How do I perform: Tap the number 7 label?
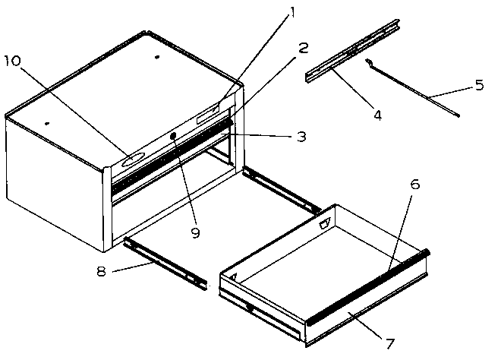tap(390, 343)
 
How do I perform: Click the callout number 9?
tap(195, 233)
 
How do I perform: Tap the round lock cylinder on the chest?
tap(174, 136)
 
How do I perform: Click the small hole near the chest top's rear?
tap(156, 57)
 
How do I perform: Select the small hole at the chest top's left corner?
tap(47, 122)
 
